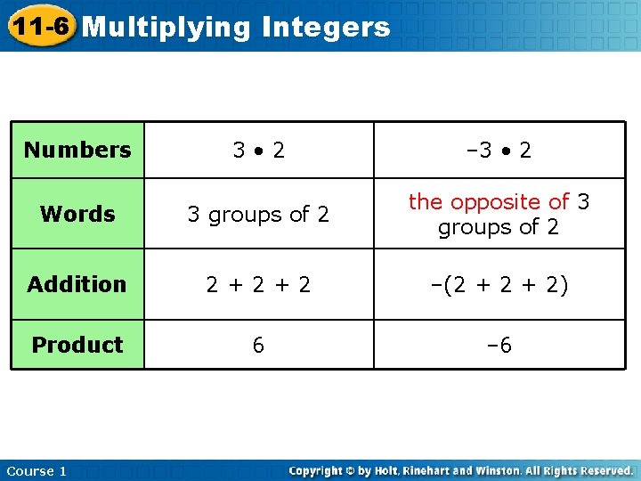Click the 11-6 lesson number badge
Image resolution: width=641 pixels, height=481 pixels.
(39, 26)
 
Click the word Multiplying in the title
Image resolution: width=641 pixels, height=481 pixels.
(166, 28)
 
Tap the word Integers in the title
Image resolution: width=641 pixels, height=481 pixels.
(327, 28)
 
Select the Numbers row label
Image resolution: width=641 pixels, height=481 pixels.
(77, 150)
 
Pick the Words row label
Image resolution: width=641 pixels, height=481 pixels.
(77, 214)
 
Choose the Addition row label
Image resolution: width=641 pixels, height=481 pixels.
(77, 284)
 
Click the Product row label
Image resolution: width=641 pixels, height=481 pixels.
(77, 345)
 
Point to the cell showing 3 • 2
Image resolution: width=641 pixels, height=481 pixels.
(259, 150)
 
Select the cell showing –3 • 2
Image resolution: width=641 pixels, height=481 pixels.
(499, 150)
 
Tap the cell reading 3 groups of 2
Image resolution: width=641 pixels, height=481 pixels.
(258, 215)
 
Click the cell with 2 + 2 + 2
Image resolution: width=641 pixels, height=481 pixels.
(258, 284)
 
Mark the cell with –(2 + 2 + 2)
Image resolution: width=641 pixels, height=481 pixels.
(499, 284)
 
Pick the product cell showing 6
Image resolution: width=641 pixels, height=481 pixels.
(258, 345)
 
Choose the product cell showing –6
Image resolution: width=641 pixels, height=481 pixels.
(499, 345)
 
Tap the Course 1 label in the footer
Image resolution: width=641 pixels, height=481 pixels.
(36, 470)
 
